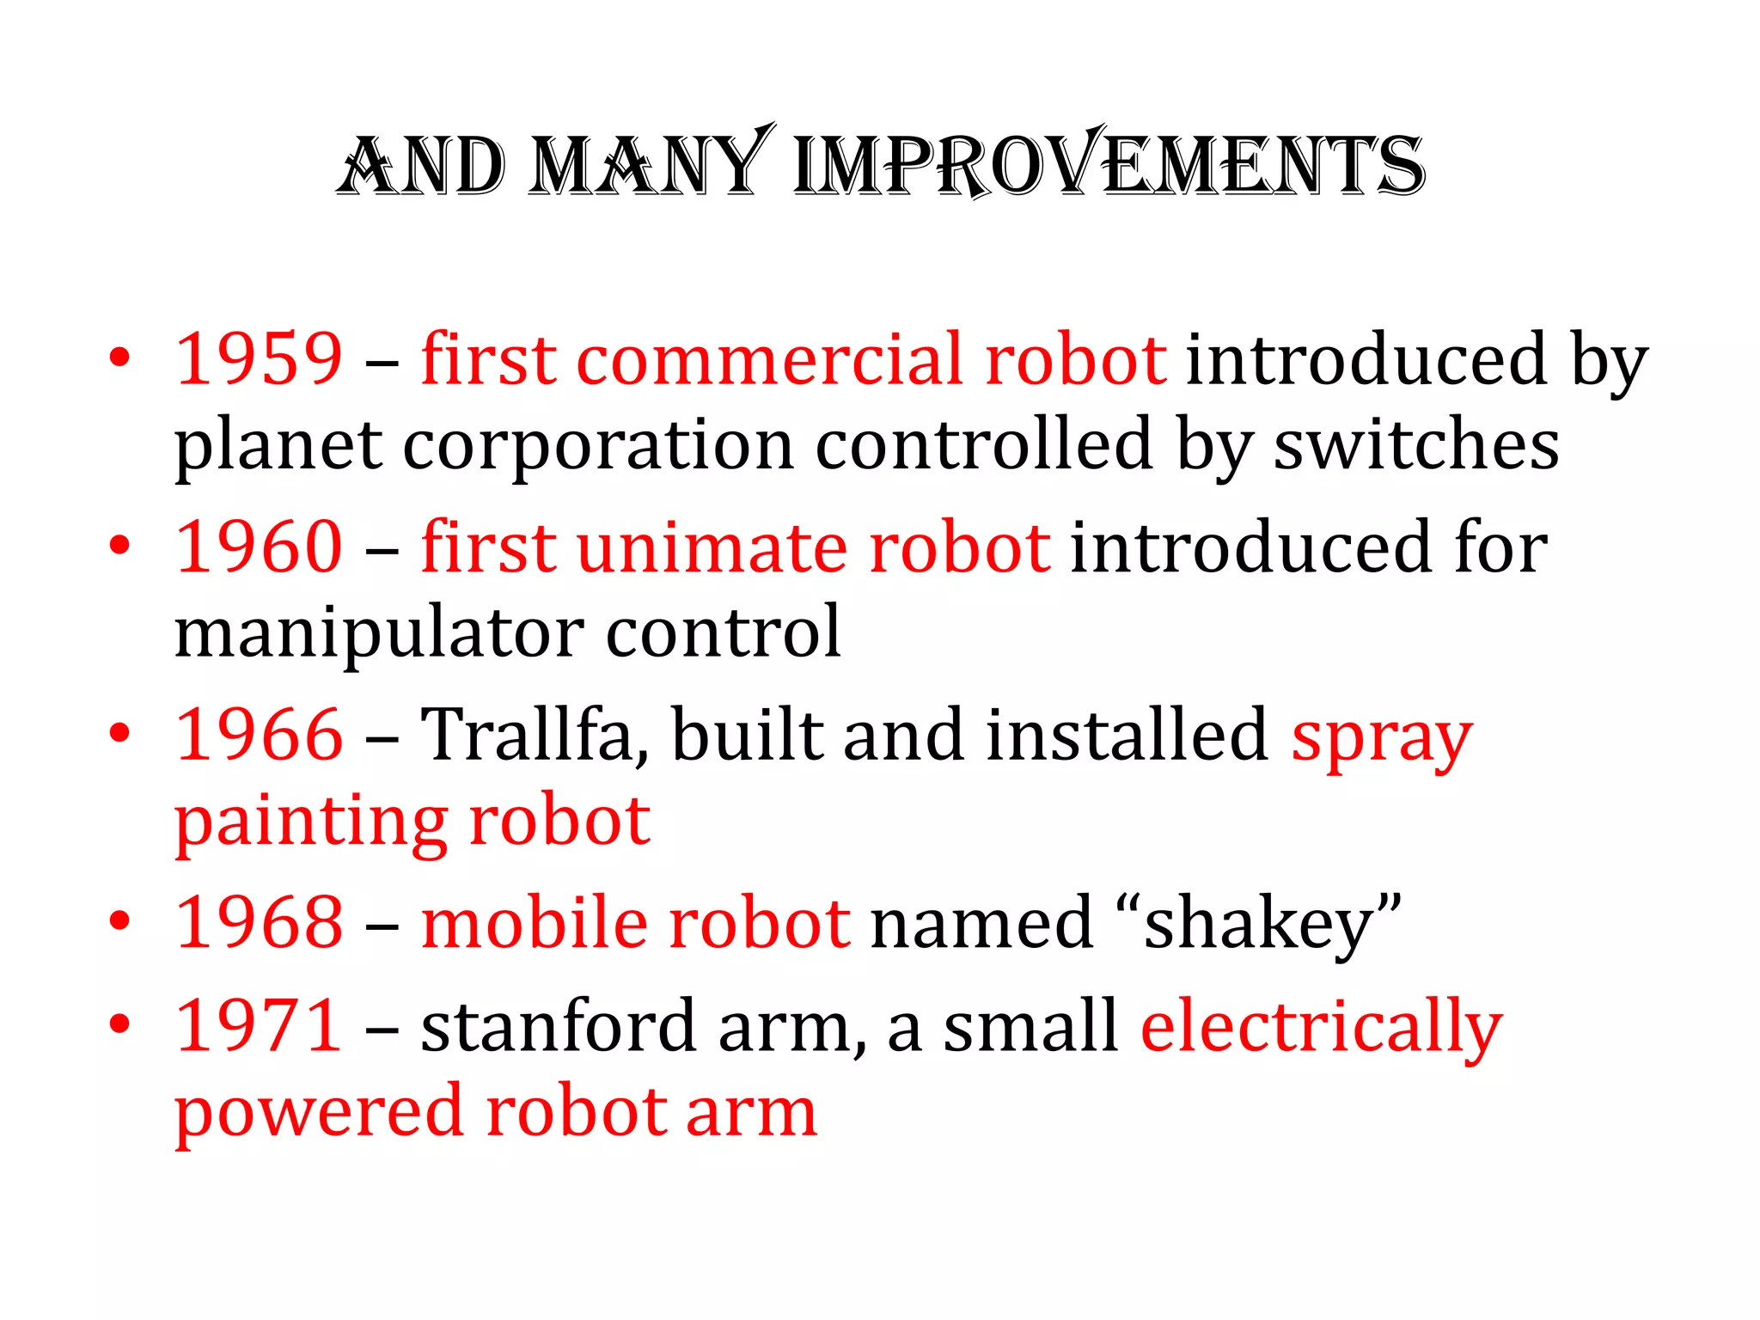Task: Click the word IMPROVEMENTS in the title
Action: tap(1109, 165)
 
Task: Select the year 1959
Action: tap(259, 358)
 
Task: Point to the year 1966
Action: tap(259, 735)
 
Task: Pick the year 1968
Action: tap(259, 922)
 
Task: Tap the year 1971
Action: tap(259, 1025)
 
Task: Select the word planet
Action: tap(278, 447)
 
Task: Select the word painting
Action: tap(310, 823)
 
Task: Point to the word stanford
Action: tap(558, 1025)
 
